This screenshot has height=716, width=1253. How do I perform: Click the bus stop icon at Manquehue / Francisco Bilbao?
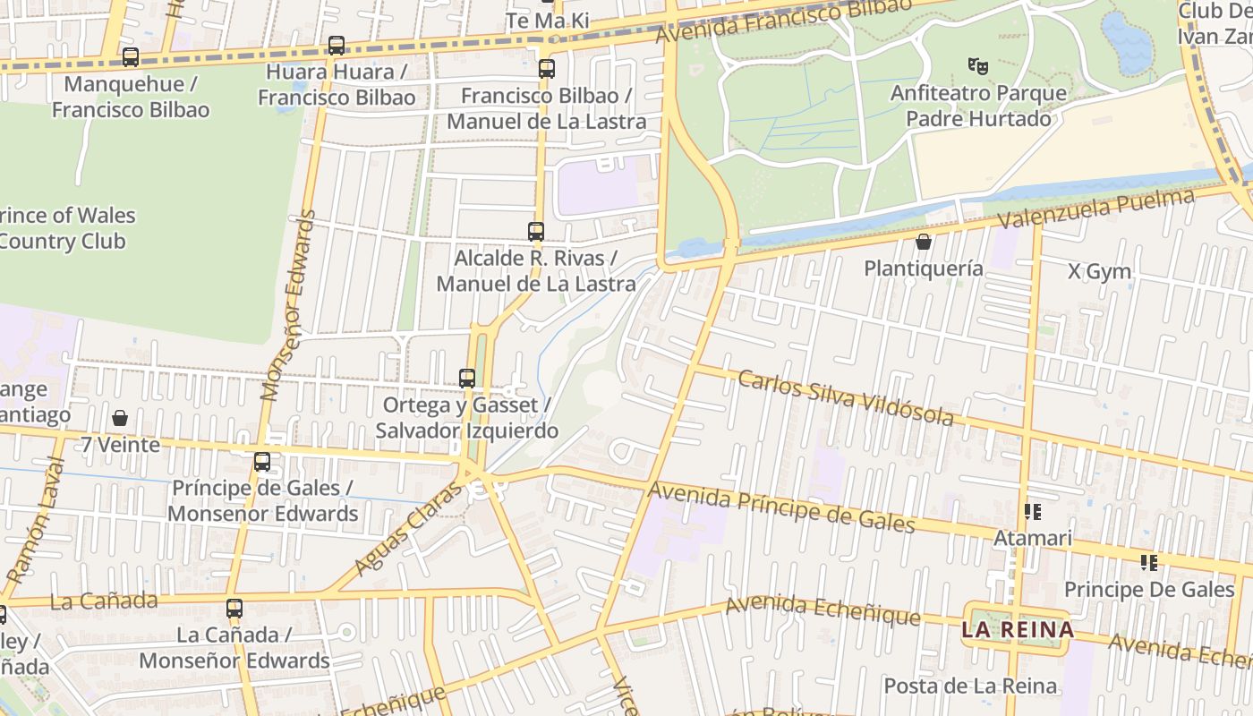coord(131,57)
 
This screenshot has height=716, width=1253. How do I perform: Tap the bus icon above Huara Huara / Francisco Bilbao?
coord(337,46)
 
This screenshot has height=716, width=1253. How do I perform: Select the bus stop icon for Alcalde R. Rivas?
coord(536,232)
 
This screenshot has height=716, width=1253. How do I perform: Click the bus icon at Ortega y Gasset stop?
coord(467,379)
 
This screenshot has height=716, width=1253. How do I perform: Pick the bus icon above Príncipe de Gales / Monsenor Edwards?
coord(262,462)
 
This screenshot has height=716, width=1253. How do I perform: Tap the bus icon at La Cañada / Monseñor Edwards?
coord(234,609)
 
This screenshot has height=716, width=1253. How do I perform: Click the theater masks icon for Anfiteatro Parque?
coord(978,65)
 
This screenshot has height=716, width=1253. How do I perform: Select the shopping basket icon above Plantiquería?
coord(924,242)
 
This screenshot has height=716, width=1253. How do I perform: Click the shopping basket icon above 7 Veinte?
coord(120,418)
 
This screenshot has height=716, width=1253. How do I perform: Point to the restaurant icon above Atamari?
coord(1033,512)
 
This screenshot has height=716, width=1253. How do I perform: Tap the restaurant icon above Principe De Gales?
coord(1149,563)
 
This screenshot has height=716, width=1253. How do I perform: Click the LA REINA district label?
coord(1018,629)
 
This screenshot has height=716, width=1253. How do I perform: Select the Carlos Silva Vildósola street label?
coord(846,396)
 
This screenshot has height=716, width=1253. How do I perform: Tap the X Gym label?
coord(1099,271)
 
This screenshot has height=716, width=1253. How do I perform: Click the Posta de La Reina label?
coord(970,686)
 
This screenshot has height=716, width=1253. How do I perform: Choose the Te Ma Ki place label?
coord(548,20)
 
